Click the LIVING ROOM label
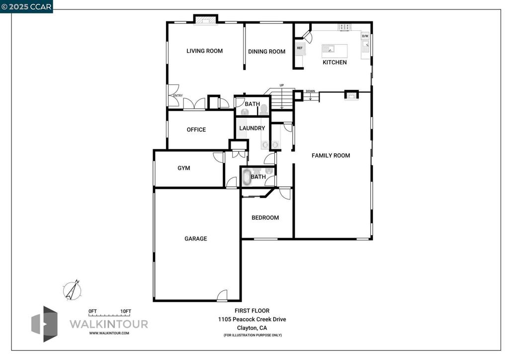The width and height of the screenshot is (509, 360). click(x=204, y=51)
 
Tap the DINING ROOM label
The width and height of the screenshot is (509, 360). click(x=266, y=51)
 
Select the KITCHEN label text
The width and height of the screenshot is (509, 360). click(x=335, y=62)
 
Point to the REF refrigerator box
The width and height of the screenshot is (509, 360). click(x=300, y=48)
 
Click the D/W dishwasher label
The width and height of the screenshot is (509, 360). click(x=365, y=36)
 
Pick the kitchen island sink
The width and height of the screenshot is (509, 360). click(x=328, y=49)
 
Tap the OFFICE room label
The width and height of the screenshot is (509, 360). click(x=196, y=130)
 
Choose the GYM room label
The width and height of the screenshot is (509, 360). click(x=184, y=168)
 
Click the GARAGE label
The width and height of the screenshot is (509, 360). click(x=196, y=239)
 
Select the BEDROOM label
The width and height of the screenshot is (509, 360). click(x=265, y=218)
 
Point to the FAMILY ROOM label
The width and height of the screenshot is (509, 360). click(x=331, y=156)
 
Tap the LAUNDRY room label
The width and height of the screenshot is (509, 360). click(x=252, y=128)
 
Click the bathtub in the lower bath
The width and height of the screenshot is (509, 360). click(x=247, y=177)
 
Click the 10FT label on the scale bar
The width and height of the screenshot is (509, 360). click(x=126, y=311)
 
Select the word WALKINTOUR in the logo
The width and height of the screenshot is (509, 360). click(x=108, y=324)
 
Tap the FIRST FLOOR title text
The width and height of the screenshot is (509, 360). click(x=252, y=311)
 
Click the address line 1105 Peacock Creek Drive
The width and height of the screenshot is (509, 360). click(x=252, y=319)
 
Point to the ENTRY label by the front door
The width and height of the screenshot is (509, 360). click(x=178, y=95)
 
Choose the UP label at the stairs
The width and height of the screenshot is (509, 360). click(x=282, y=86)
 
